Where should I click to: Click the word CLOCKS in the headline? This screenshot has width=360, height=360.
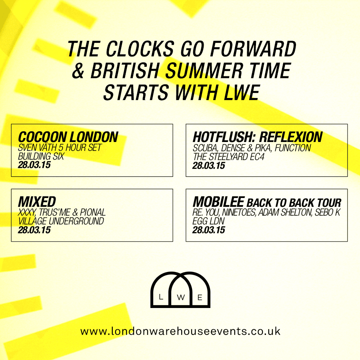coord(140,49)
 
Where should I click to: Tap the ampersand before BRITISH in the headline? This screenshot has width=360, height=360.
coord(78,70)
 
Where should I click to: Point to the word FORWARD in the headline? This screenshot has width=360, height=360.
coord(253,49)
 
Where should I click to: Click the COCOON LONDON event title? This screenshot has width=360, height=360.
coord(68,137)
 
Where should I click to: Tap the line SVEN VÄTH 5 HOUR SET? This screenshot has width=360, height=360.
coord(60,148)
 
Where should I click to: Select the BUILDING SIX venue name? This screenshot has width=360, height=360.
coord(41,156)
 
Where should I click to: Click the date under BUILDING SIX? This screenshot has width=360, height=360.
coord(34,165)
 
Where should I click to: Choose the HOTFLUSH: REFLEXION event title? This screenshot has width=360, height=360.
coord(258,137)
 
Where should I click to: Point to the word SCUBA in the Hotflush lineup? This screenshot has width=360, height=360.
coord(205,148)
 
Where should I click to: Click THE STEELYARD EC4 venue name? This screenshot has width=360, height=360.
coord(228,157)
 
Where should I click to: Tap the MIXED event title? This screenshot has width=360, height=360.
coord(37,202)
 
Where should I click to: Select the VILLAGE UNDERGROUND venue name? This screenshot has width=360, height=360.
coord(61,221)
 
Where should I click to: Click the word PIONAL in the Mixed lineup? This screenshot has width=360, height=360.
coord(93,212)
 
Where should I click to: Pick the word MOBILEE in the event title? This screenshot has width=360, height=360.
coord(218,202)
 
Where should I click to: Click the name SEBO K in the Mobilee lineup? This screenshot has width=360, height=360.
coord(328,212)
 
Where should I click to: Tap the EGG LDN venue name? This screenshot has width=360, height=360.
coord(208,221)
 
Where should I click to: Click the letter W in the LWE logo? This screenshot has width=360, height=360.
coord(181,298)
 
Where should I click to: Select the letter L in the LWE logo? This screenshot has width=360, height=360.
coord(161,297)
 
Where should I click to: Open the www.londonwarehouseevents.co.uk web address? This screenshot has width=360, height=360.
coord(180,331)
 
